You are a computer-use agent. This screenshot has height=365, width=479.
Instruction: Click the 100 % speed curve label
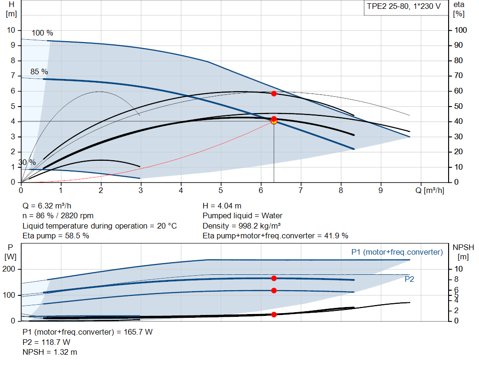[x=43, y=33]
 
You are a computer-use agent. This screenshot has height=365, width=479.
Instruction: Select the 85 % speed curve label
[x=39, y=72]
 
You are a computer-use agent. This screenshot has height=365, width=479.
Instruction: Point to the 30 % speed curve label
[x=27, y=162]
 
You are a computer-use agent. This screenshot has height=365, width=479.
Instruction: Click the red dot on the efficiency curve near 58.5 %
[x=274, y=93]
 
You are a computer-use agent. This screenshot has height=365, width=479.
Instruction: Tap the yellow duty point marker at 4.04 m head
[x=274, y=122]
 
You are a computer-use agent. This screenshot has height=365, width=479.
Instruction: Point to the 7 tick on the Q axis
[x=301, y=191]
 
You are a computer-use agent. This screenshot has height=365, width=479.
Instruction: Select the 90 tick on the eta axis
[x=461, y=45]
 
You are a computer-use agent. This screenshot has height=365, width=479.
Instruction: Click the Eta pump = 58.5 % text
[x=56, y=236]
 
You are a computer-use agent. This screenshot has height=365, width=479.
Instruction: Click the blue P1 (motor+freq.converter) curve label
[x=397, y=252]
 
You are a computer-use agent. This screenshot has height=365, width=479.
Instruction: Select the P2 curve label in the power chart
[x=409, y=279]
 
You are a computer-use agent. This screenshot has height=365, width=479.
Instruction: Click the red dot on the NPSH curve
[x=274, y=315]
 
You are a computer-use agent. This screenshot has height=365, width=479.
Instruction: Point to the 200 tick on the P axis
[x=10, y=269]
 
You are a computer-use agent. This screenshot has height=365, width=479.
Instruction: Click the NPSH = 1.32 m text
[x=50, y=352]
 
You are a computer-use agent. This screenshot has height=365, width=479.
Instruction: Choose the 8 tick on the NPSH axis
[x=457, y=279]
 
